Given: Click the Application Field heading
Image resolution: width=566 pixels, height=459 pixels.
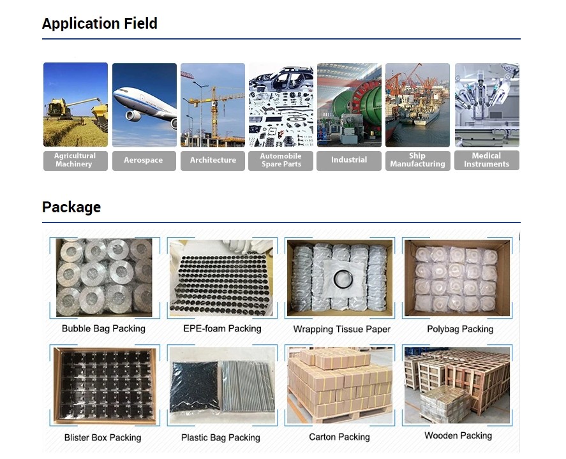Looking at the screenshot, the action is [100, 24].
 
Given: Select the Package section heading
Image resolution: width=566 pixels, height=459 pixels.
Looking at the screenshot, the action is [71, 207].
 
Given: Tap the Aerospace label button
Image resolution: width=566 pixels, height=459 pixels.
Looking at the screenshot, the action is [144, 161].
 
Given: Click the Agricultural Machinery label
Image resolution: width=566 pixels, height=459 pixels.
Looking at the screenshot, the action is [75, 161].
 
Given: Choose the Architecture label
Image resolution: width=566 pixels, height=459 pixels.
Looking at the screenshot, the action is [212, 161].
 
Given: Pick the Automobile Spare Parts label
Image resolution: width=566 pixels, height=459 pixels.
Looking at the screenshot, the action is [281, 161].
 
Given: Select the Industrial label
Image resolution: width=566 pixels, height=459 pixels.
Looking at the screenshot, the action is [349, 161].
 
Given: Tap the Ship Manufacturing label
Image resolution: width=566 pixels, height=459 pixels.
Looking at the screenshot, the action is [418, 161].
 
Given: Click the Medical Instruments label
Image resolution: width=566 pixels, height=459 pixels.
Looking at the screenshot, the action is [487, 161].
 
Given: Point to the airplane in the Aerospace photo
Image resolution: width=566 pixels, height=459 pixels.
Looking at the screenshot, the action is [144, 105].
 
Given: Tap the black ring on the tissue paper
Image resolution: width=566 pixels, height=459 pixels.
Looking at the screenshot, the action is [342, 280].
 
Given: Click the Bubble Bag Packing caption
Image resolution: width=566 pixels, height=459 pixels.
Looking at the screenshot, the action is [103, 329].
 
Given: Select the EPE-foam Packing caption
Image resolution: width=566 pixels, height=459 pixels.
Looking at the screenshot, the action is [222, 329].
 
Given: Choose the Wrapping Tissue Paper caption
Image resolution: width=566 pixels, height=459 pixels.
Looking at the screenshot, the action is [342, 330].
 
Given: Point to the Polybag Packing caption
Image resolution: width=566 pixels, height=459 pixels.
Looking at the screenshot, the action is [460, 330].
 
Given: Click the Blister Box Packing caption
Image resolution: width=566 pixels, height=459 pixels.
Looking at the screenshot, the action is [103, 438].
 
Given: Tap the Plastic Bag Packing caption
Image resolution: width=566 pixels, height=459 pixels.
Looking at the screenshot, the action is [221, 438].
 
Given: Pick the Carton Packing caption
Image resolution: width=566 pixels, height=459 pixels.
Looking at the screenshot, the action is [339, 437].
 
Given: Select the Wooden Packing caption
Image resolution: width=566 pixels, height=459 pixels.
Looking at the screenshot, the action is [458, 436].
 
